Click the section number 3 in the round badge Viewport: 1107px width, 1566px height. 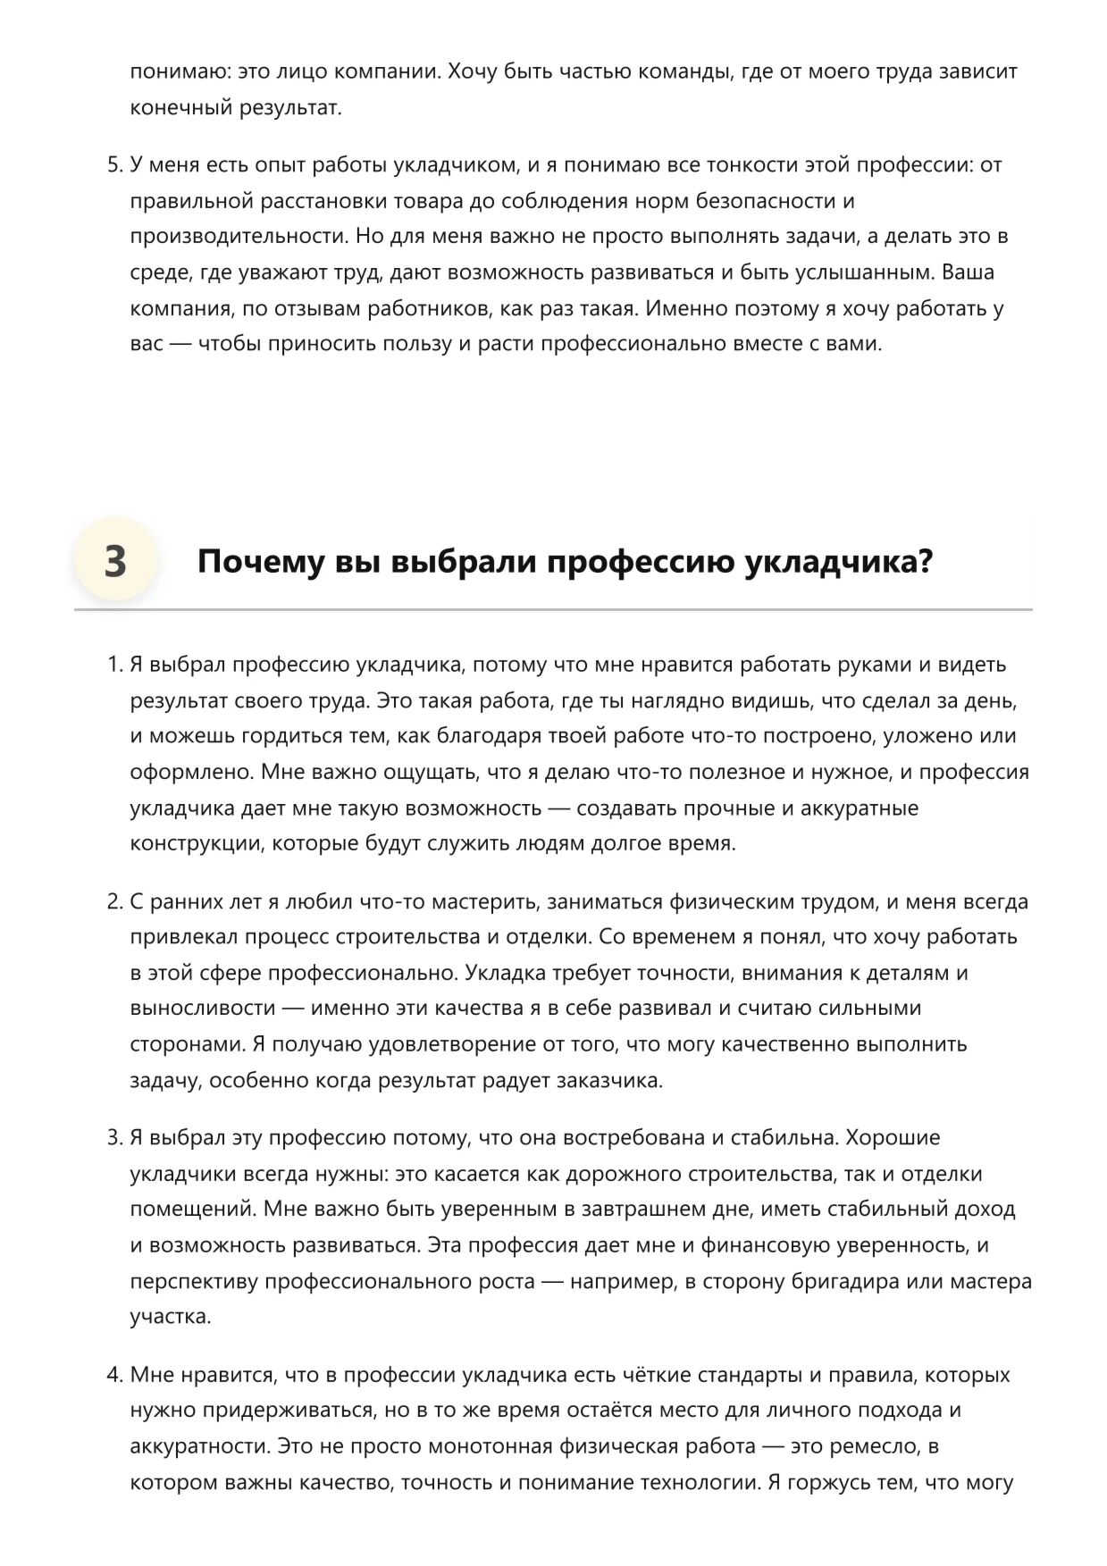tap(115, 562)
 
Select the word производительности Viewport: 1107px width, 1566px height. tap(237, 237)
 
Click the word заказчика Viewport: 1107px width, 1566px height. tap(608, 1080)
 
